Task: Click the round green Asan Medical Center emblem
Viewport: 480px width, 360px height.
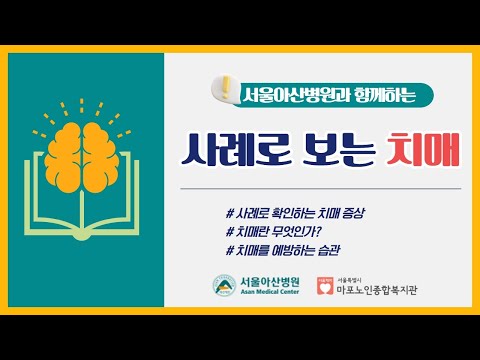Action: (x=222, y=285)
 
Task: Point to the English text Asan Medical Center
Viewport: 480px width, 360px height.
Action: (x=267, y=293)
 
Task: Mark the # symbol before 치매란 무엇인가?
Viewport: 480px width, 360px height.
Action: (x=231, y=232)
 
